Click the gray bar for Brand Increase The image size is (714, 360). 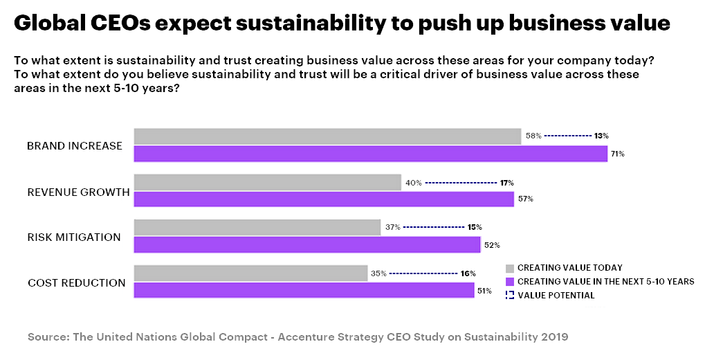coord(327,136)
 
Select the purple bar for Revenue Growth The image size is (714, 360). coord(323,199)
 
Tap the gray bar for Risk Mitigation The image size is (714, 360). coord(257,227)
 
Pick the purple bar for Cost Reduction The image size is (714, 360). coord(304,291)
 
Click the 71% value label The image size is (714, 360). coord(618,154)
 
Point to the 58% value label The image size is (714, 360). coord(533,136)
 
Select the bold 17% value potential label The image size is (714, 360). coord(506,183)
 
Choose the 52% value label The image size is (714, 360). coord(491,245)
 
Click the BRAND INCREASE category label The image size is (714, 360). coord(75,146)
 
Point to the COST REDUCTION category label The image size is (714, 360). coord(77,283)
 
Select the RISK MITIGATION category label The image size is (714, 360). coord(74,237)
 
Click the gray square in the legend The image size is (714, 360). coord(510,268)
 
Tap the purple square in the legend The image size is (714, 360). coord(510,282)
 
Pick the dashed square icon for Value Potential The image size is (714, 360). coord(510,296)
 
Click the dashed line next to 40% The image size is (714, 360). coord(461,183)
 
